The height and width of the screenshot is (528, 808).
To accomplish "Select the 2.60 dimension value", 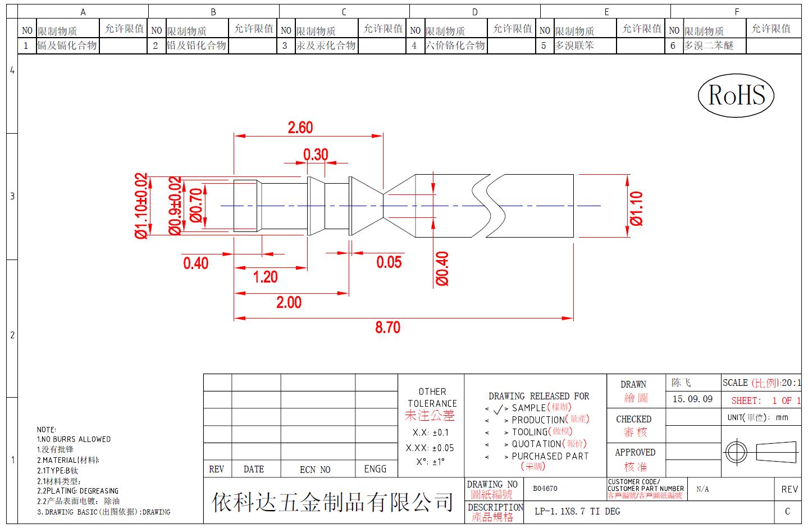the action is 300,128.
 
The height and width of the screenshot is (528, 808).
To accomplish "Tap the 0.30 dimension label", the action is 316,154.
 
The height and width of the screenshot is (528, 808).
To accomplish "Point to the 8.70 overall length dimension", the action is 388,327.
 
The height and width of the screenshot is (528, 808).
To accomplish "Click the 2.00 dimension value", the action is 289,302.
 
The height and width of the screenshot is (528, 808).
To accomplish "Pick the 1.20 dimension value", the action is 265,277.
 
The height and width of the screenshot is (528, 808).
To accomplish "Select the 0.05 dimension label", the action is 389,262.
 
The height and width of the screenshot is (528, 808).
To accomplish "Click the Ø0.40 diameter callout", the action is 442,268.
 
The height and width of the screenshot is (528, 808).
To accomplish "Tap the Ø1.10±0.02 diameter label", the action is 141,206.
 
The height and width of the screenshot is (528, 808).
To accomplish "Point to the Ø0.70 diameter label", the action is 196,205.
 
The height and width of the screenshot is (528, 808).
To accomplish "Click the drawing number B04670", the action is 545,489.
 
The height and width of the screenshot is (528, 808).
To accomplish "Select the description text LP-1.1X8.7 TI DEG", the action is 577,511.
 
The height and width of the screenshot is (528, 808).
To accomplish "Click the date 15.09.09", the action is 692,399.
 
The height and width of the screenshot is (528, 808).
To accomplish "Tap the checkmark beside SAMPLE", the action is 498,409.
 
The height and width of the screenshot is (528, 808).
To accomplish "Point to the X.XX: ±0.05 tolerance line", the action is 430,448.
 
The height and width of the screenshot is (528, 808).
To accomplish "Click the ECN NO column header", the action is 315,470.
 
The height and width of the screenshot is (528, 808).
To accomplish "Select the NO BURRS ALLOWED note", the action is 74,439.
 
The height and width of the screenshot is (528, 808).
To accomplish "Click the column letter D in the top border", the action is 474,12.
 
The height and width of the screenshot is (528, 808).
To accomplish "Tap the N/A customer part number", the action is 702,489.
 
